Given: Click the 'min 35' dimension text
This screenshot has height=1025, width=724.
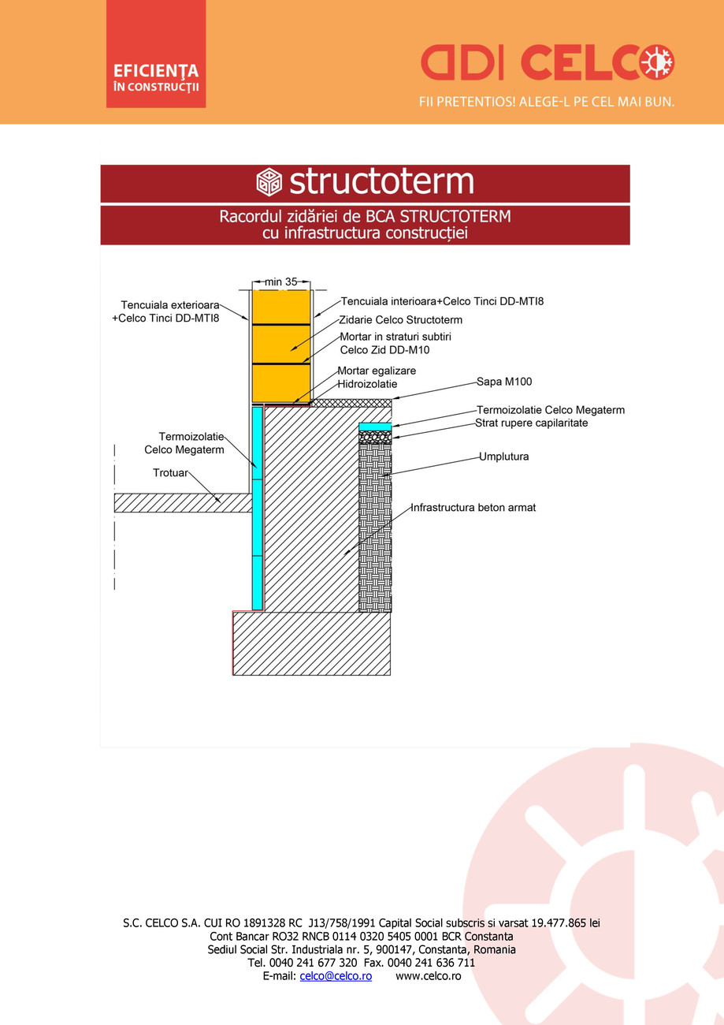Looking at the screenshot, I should [x=280, y=281].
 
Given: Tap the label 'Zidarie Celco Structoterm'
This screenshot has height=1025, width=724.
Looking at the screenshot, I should [x=400, y=320].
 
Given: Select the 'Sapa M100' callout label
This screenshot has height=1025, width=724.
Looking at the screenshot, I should [x=504, y=382].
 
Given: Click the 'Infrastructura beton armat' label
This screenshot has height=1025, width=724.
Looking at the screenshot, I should [x=473, y=508].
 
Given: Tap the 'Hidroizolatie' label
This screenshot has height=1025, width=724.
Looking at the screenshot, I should [x=367, y=384].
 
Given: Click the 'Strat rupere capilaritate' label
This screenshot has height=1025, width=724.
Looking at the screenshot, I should [x=532, y=423].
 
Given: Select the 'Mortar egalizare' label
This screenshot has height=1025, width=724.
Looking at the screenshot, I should [x=377, y=371].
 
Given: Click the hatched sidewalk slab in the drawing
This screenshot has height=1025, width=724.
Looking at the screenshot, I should [x=181, y=502].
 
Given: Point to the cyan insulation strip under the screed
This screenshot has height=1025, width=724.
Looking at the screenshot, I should [x=375, y=427].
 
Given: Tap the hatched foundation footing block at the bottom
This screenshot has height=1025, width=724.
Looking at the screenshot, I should [x=311, y=643].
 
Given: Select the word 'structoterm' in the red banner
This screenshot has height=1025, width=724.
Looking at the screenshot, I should [x=381, y=182].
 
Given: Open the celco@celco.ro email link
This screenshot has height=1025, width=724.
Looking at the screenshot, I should [x=336, y=976].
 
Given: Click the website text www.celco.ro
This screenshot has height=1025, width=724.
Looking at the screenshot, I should [x=428, y=976].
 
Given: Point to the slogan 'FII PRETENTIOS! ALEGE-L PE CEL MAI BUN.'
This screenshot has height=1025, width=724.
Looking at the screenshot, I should [x=547, y=102].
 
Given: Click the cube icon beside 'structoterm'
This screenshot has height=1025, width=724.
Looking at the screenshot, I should [x=269, y=183].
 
